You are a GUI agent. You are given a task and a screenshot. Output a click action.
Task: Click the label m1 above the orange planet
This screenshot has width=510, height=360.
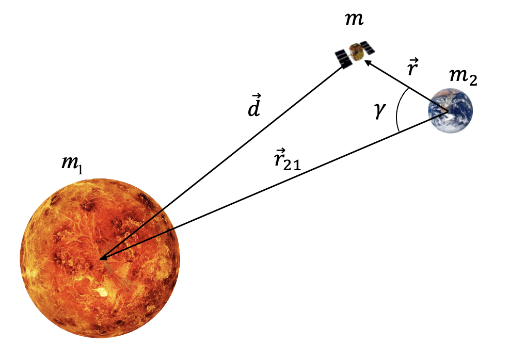[x=72, y=163]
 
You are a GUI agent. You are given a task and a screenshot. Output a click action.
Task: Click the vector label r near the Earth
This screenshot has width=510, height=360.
[x=411, y=69]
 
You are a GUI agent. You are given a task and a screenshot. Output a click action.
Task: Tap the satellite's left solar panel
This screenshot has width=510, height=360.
[x=343, y=58]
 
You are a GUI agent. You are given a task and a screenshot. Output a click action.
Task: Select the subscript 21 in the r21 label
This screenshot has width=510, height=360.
[x=291, y=166]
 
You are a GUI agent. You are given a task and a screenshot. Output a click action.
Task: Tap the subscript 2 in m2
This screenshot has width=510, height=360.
[x=473, y=82]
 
